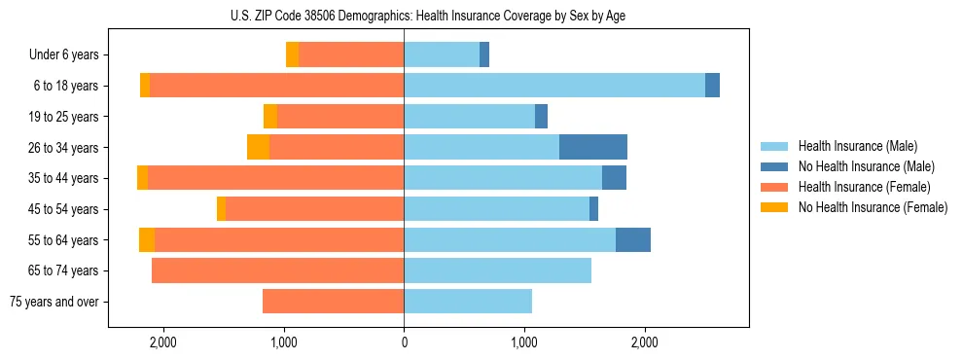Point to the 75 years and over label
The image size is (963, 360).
pyautogui.click(x=54, y=302)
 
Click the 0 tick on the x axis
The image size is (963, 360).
pyautogui.click(x=404, y=342)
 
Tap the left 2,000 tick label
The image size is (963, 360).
pyautogui.click(x=162, y=342)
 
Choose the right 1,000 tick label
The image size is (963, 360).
pyautogui.click(x=524, y=342)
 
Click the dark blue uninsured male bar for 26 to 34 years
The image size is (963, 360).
pyautogui.click(x=593, y=147)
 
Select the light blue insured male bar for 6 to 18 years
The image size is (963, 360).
pyautogui.click(x=554, y=86)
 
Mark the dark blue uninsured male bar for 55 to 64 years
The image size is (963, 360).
pyautogui.click(x=633, y=239)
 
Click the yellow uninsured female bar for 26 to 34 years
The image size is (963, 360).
pyautogui.click(x=258, y=147)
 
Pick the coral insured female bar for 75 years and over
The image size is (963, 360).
pyautogui.click(x=333, y=302)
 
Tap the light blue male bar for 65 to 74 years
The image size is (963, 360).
pyautogui.click(x=497, y=270)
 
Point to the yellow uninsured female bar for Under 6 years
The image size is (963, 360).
pyautogui.click(x=292, y=55)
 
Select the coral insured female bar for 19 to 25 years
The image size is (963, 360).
pyautogui.click(x=340, y=117)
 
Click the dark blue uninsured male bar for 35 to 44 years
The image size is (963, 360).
pyautogui.click(x=614, y=178)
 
